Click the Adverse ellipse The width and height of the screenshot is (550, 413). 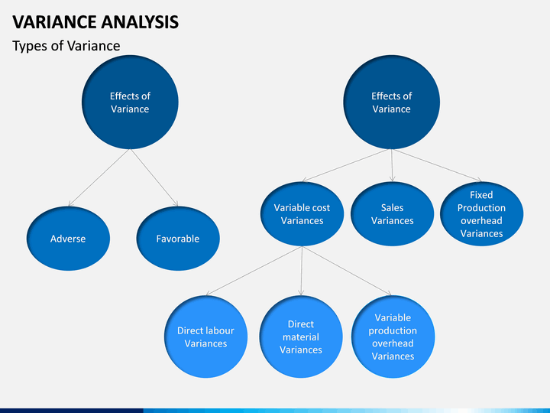[68, 239]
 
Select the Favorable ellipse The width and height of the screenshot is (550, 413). [178, 239]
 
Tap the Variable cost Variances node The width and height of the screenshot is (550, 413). [302, 214]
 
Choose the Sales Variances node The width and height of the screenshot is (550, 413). [392, 214]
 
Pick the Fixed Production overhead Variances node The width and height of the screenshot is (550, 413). [481, 214]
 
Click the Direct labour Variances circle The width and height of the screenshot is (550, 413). [206, 337]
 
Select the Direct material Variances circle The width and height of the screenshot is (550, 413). [301, 337]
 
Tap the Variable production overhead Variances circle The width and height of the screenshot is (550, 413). [393, 337]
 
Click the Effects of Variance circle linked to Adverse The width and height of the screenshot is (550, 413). [130, 102]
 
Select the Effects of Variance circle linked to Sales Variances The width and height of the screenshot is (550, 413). [391, 102]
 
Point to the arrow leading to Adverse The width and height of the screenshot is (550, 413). [99, 177]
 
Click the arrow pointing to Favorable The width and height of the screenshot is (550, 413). [154, 177]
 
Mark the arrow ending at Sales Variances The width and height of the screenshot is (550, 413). [392, 165]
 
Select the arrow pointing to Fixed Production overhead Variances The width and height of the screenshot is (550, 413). [437, 165]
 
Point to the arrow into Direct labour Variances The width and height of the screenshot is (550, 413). [254, 271]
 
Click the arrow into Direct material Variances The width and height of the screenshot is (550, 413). [301, 271]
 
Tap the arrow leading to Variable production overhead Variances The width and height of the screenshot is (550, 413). [347, 271]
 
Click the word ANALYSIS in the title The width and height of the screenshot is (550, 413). [140, 21]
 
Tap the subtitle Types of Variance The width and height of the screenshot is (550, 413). [66, 46]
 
